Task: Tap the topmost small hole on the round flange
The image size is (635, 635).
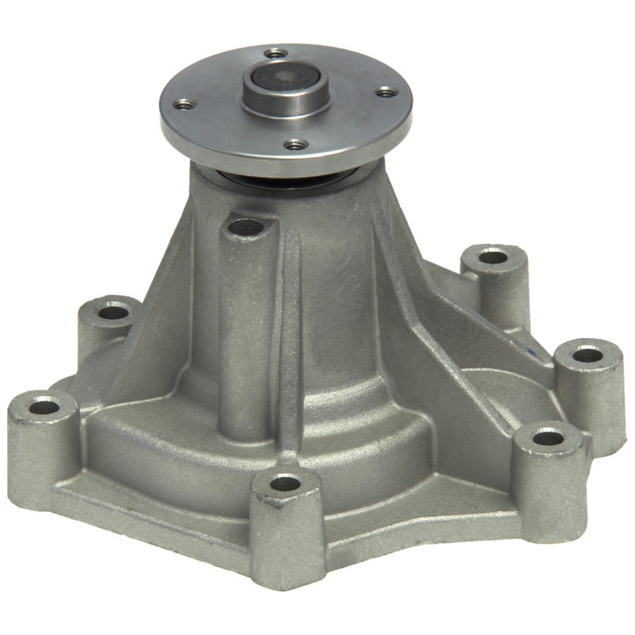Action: pos(275,53)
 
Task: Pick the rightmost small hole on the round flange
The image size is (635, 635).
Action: pos(387,92)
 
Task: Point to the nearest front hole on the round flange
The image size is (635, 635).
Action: pos(296,144)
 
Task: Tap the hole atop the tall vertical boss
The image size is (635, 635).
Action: pos(246,227)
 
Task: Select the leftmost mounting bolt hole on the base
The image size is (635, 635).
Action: pos(44,408)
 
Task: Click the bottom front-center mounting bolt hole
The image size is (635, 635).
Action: pos(285,483)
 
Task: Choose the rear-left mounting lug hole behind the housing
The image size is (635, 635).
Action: pos(113,312)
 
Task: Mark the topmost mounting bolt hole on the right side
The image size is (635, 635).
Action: pos(493,257)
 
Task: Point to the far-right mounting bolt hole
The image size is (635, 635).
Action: pos(587,354)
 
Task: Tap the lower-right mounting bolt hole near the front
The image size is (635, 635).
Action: pos(547,437)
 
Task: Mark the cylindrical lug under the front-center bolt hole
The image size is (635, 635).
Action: pos(287,532)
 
